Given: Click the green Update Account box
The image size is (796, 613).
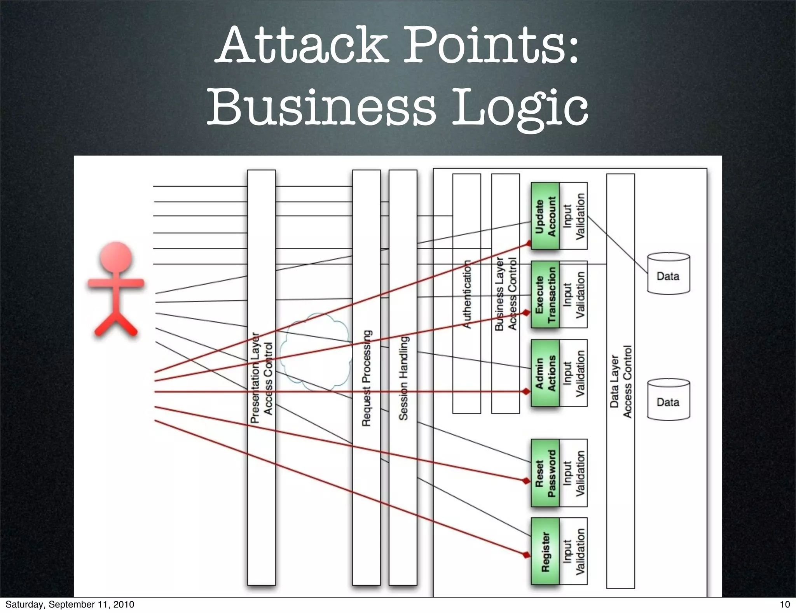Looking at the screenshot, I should (x=545, y=216).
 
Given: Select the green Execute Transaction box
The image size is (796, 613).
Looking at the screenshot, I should (x=545, y=294).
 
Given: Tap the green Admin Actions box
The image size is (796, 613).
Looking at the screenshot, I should (x=545, y=373).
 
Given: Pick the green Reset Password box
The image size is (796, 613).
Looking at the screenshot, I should (x=545, y=473).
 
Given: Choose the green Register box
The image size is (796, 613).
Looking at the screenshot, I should (x=545, y=551).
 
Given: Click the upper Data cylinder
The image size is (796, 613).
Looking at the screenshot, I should (x=668, y=273).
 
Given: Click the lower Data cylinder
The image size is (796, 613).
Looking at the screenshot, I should (x=668, y=399).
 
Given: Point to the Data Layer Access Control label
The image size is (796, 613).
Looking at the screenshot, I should (x=621, y=381).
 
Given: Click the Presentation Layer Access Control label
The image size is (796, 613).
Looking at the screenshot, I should (x=262, y=377).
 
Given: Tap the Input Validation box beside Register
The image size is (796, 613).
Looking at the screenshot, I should (x=573, y=551).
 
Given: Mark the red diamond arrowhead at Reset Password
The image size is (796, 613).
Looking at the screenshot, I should (x=526, y=481).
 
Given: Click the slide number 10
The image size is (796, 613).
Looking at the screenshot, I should (x=785, y=604).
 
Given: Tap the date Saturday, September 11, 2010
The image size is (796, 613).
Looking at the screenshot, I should (x=70, y=604).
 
